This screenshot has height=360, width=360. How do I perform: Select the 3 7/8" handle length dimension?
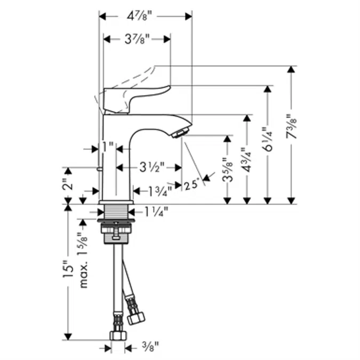pos(137,39)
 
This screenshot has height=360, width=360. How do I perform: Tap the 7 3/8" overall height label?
pos(291,126)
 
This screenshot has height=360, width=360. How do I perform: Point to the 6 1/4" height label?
pos(267,139)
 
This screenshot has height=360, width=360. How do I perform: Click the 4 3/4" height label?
pos(246,160)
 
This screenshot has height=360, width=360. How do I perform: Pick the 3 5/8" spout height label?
pos(227,170)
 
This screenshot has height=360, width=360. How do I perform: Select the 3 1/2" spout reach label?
pos(152,167)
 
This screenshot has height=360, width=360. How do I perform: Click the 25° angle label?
pos(191,185)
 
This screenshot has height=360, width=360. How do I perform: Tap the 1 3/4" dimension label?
pos(160,191)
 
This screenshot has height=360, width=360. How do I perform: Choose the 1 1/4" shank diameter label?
pos(156,212)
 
